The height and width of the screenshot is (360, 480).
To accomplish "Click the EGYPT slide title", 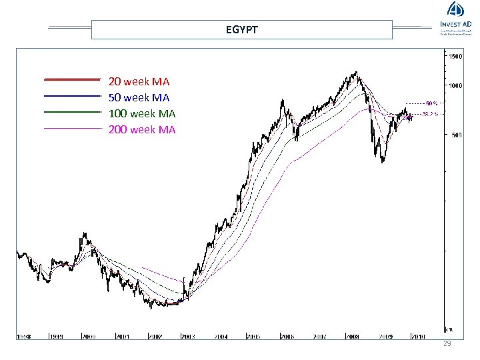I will [241, 30].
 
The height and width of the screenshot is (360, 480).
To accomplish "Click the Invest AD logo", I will [455, 17].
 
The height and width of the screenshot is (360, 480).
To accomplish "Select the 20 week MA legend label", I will [139, 82].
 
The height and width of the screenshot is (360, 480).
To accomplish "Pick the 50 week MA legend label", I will [139, 98].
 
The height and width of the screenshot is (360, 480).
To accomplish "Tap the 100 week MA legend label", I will [142, 114].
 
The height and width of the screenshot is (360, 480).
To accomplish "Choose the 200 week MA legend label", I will [142, 130].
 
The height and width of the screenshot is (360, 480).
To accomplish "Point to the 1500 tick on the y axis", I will [455, 57].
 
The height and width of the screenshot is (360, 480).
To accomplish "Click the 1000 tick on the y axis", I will [455, 86].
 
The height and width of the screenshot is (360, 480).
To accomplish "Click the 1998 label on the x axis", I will [25, 337].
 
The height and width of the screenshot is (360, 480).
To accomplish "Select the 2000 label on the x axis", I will [89, 337].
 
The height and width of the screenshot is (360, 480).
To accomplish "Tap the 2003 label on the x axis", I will [188, 337].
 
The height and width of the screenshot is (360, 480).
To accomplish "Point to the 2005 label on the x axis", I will [253, 337].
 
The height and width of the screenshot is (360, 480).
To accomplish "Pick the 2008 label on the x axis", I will [352, 337].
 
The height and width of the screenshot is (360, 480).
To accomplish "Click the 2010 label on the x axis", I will [418, 337].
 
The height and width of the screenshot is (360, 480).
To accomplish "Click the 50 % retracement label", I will [431, 103].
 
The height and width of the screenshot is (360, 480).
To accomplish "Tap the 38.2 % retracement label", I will [431, 114].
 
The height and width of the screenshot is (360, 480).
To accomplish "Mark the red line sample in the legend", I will [72, 79].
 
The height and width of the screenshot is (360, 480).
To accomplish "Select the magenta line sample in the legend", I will [72, 127].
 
